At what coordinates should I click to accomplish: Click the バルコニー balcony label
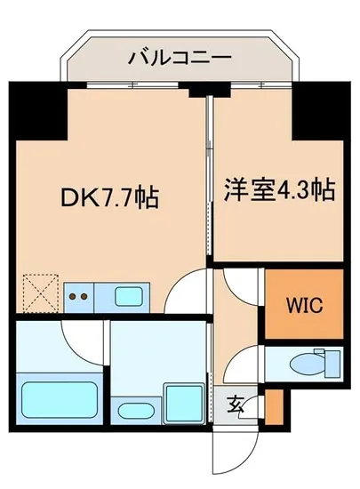point(180,60)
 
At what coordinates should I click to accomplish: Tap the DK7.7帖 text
point(110,196)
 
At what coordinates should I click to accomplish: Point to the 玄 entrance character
point(235,405)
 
